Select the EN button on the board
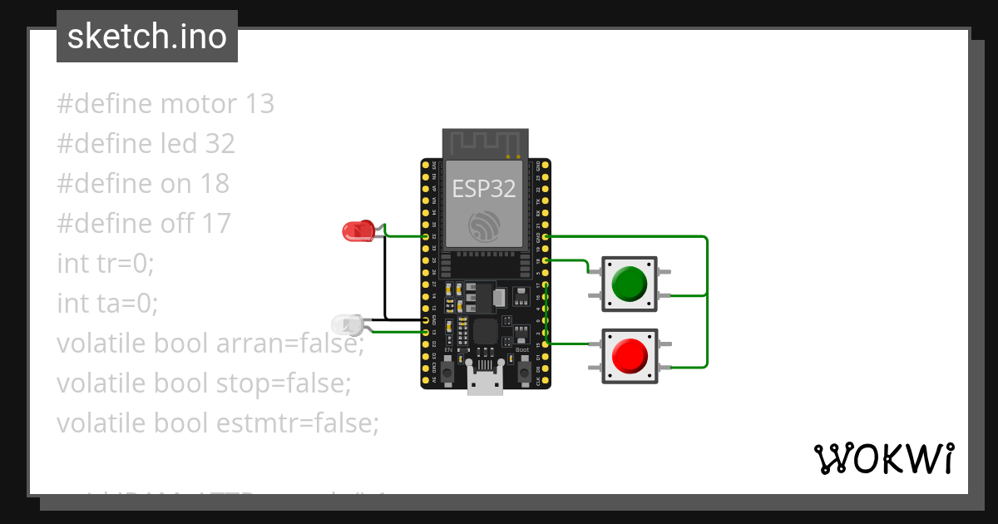[447, 373]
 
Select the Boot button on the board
[523, 373]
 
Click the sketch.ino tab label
[147, 37]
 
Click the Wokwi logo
[883, 458]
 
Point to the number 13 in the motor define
[259, 104]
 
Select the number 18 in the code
[214, 184]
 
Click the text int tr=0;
[106, 264]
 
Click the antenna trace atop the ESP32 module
[484, 141]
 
